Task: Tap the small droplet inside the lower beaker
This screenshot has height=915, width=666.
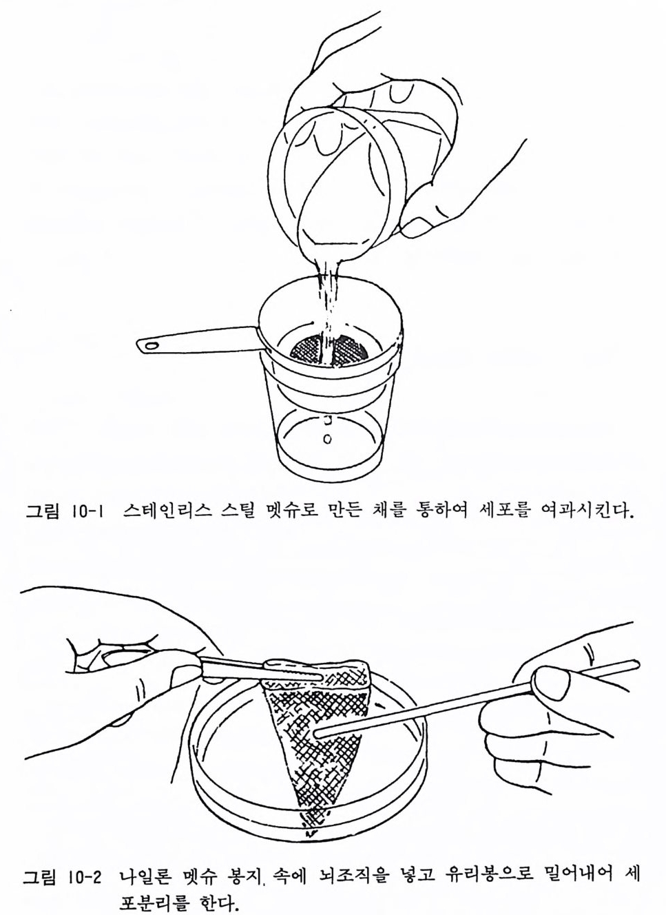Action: tap(326, 439)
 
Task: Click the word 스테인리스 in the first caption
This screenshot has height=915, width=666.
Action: tap(167, 511)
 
